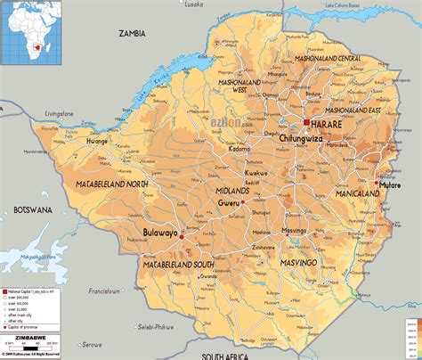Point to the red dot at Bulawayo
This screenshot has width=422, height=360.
pos(181,237)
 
